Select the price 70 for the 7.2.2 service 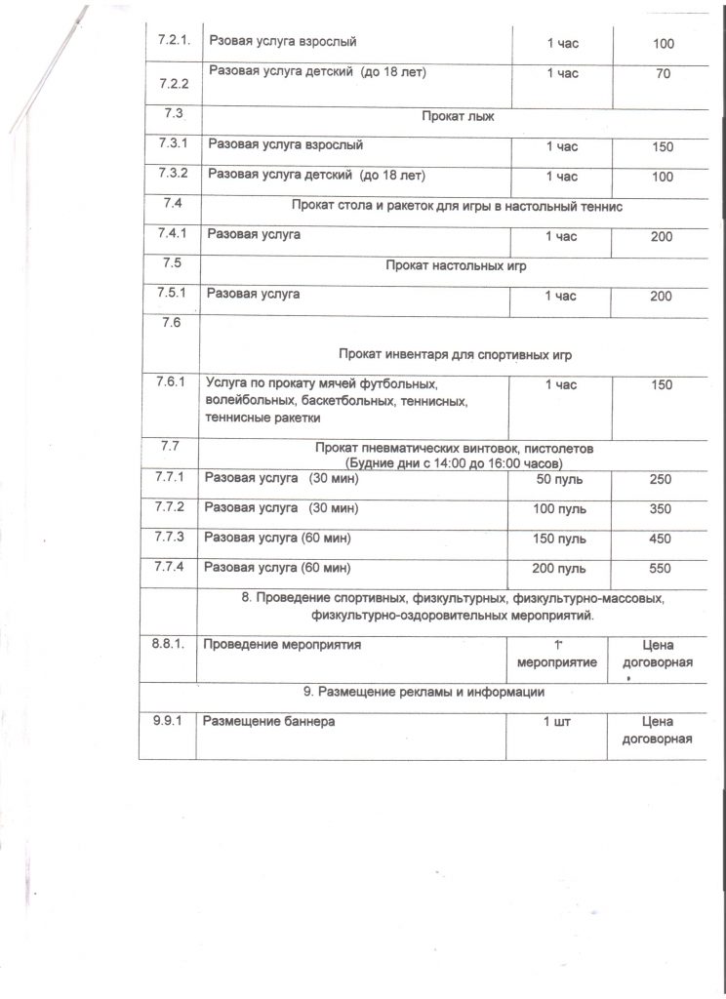[x=663, y=74]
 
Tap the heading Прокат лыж [x=458, y=116]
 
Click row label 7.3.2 [x=172, y=176]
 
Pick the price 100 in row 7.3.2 [x=662, y=177]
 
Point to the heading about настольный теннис [x=457, y=205]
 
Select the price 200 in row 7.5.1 [x=662, y=296]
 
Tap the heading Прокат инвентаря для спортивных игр [x=457, y=353]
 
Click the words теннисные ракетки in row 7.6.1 [x=262, y=419]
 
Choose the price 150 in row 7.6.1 [x=662, y=384]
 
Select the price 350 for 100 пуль [x=662, y=508]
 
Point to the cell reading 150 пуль [x=562, y=539]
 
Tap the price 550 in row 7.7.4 [x=662, y=568]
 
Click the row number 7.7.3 [x=172, y=538]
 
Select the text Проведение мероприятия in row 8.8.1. [x=281, y=645]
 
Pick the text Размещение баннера [x=268, y=722]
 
